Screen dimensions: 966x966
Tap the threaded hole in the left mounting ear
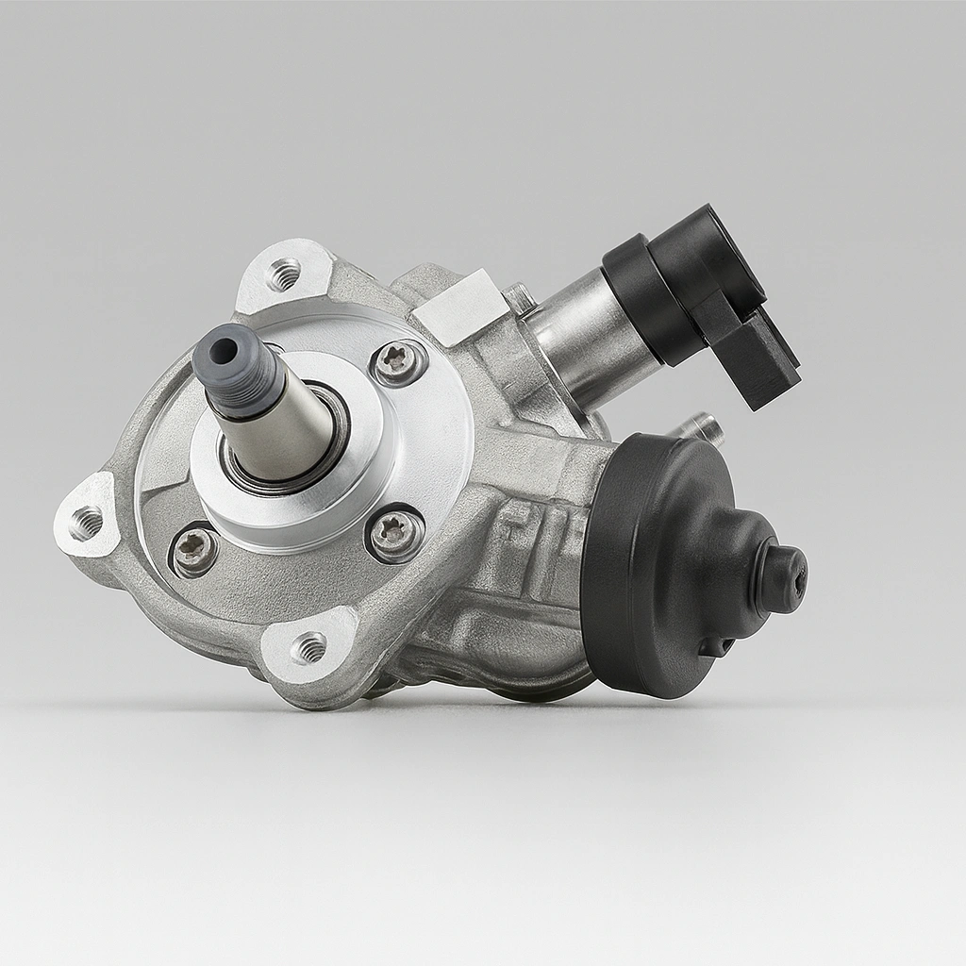click(86, 522)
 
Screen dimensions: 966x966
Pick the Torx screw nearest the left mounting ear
click(195, 550)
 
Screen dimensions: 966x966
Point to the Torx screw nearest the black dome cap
click(393, 535)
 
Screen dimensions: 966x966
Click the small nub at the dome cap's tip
click(782, 576)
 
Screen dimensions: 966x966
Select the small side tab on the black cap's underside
click(714, 647)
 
